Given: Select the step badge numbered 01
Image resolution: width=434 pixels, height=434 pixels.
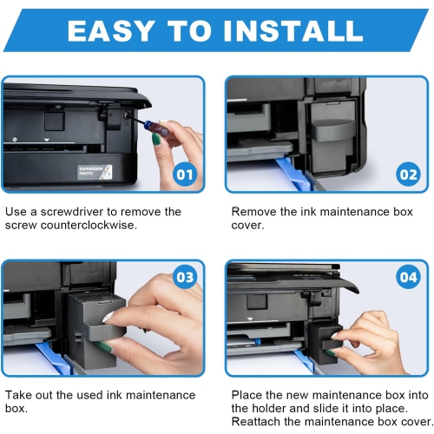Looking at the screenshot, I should coord(184,174).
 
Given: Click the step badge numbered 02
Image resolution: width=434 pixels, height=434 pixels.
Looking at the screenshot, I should coord(407,174).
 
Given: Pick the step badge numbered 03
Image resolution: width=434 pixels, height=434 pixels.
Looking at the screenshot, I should coord(184,277).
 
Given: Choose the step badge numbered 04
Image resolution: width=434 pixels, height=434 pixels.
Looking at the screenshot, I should coord(407,277).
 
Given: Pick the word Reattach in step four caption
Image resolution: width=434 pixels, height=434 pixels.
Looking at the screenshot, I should coord(261,423).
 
